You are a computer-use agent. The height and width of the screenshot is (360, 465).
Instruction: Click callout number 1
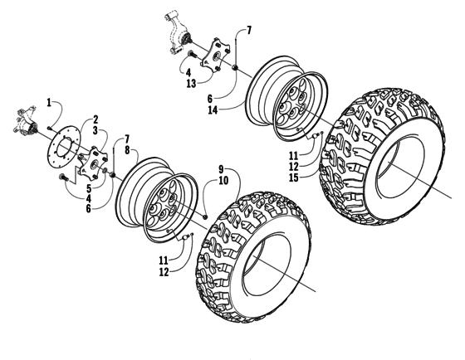(49, 102)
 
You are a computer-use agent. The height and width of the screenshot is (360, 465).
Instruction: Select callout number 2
(95, 119)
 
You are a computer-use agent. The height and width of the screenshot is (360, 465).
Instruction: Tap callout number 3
(95, 130)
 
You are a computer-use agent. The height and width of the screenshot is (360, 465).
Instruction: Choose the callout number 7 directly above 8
(127, 139)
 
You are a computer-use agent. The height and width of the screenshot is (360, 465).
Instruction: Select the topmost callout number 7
(249, 31)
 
